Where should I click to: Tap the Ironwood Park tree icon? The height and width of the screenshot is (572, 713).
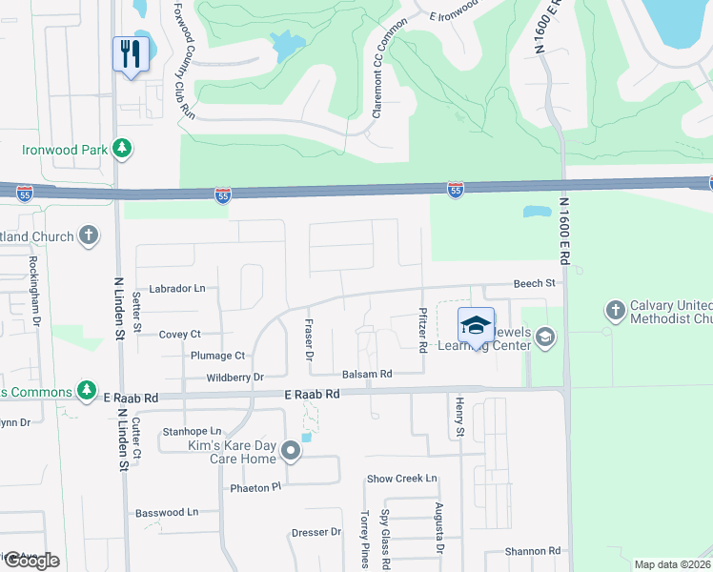[121, 149]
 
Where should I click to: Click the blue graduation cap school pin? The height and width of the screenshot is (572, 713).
[476, 326]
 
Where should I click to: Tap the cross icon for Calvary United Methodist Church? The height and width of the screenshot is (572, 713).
[615, 310]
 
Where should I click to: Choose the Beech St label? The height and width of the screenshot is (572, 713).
[534, 283]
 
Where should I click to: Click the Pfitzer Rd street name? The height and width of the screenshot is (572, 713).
[422, 329]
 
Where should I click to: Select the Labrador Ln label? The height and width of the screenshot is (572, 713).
[176, 288]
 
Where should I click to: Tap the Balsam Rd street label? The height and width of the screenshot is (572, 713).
[368, 375]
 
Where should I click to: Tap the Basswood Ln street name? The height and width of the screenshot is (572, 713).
[167, 512]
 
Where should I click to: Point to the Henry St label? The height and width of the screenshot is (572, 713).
[459, 418]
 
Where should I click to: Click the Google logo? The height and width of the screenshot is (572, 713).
[31, 561]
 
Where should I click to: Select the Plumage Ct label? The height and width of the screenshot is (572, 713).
[217, 356]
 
